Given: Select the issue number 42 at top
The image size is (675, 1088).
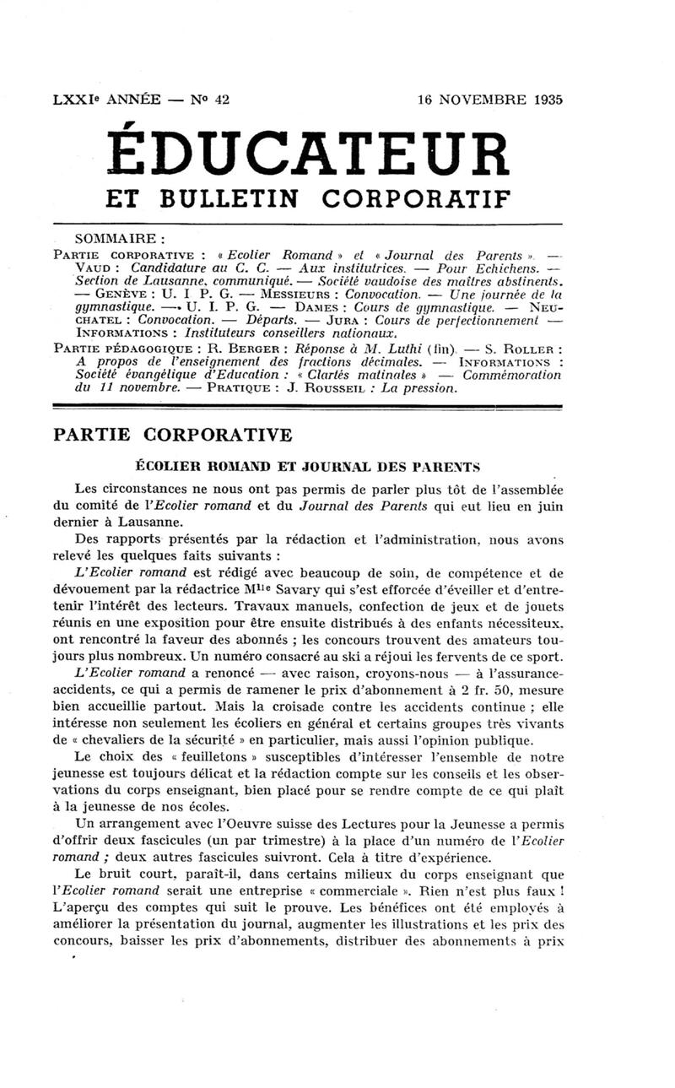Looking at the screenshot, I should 222,99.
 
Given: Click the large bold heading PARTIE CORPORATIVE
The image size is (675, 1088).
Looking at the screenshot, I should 172,436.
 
